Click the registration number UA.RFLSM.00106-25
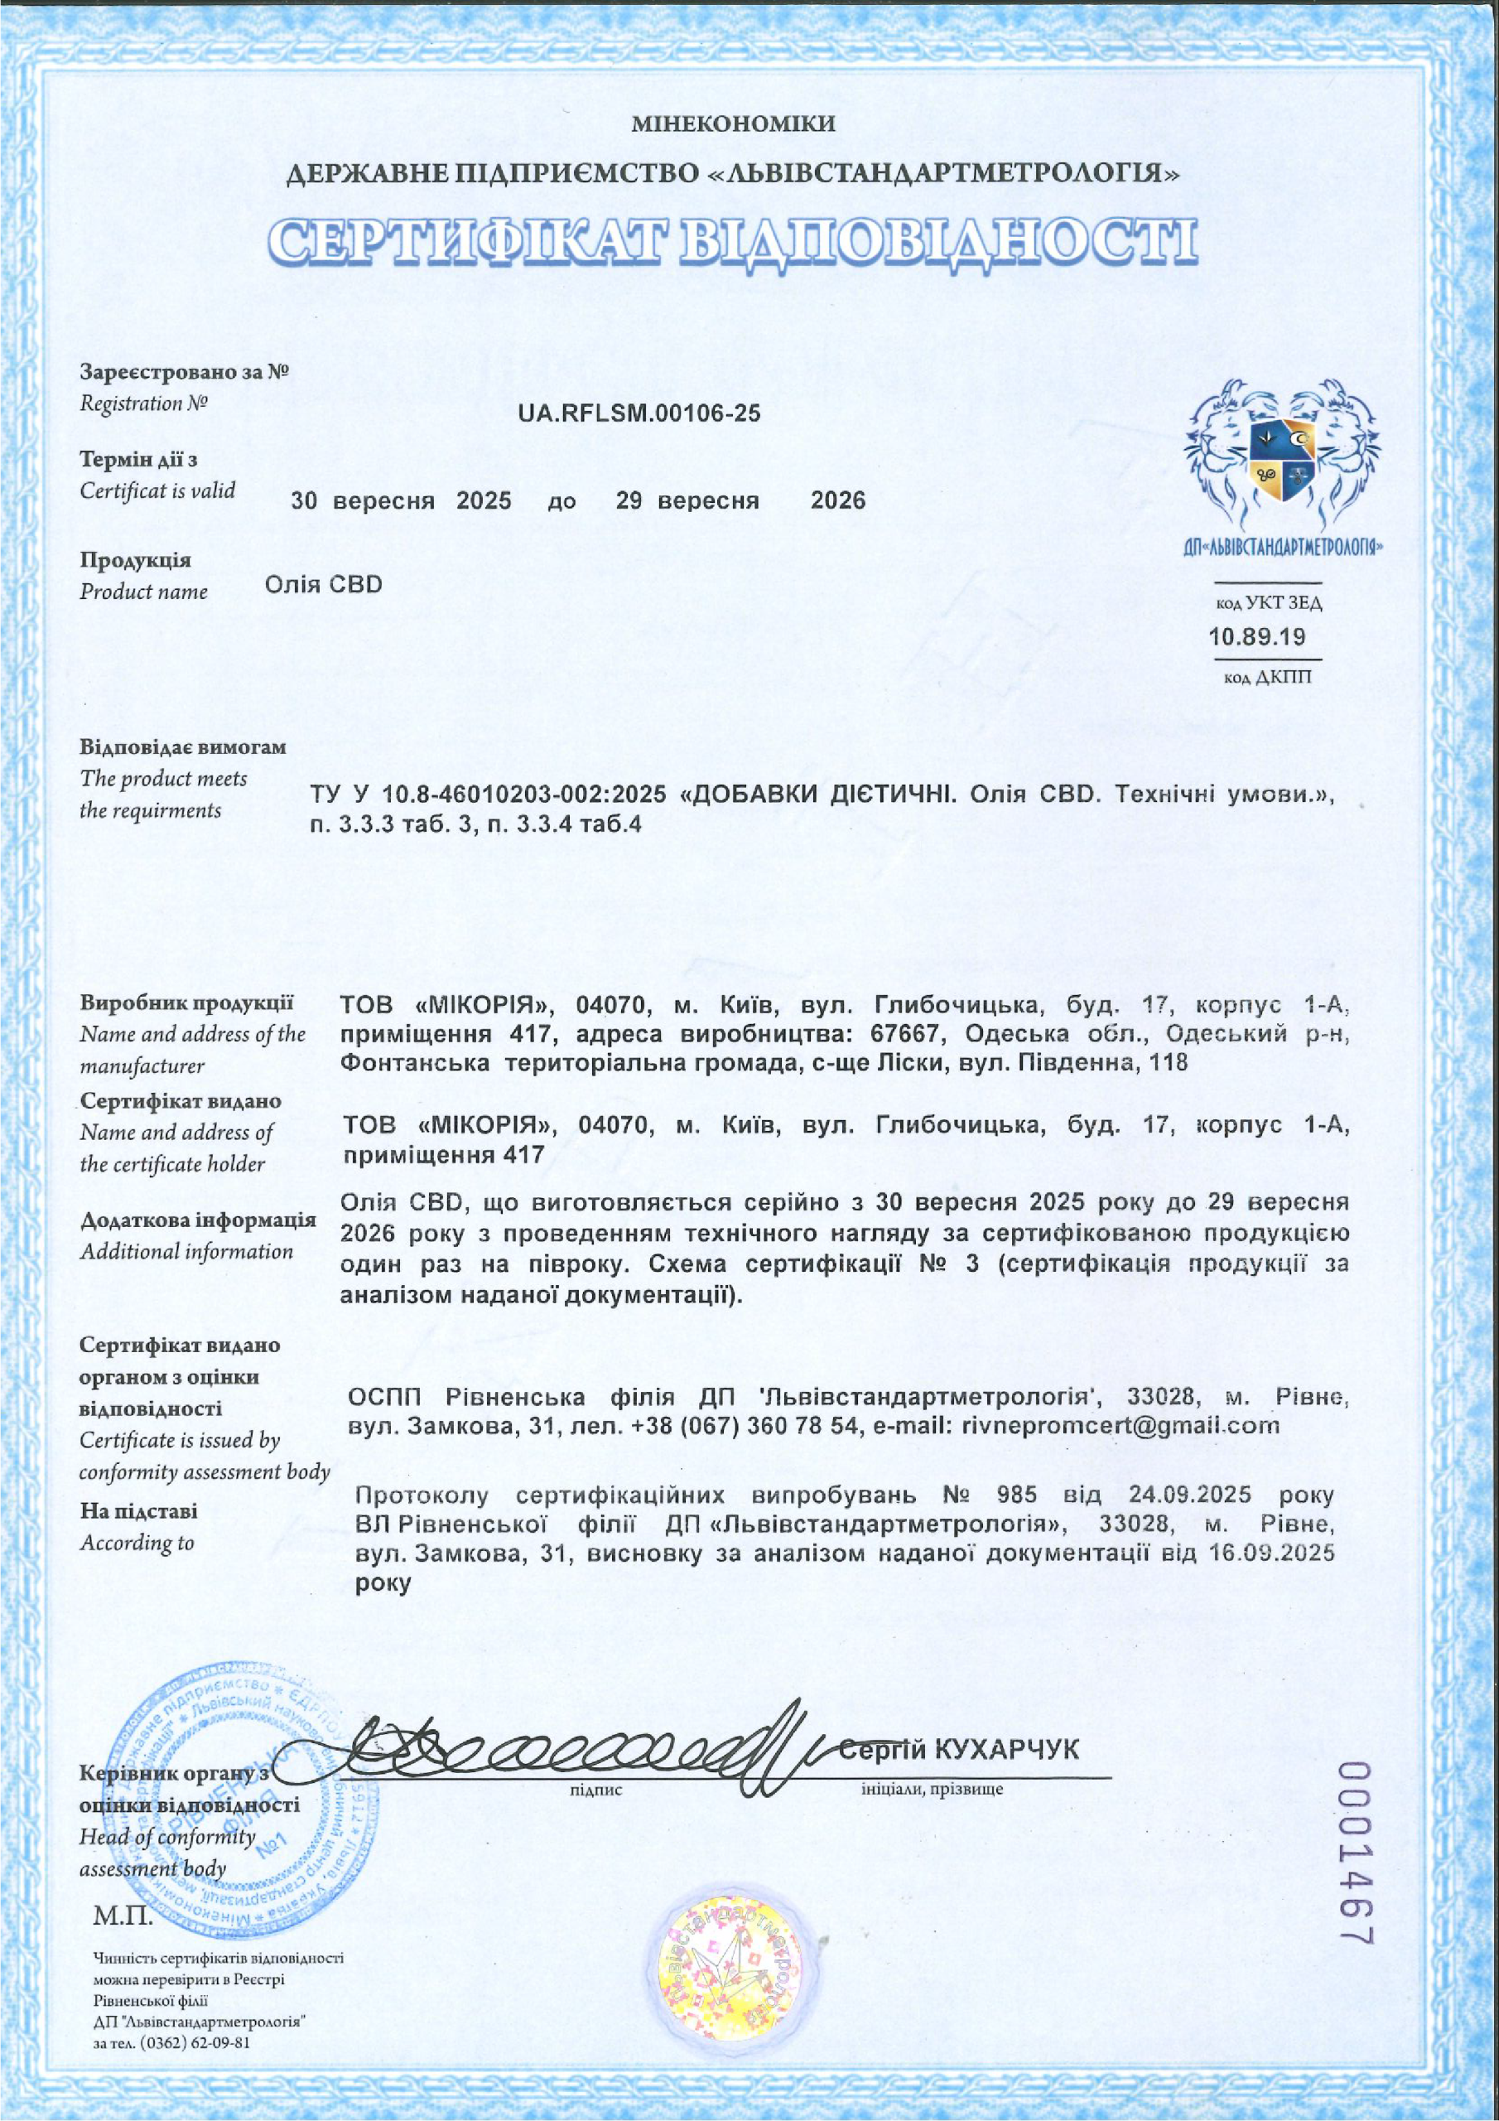click(639, 413)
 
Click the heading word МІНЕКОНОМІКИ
click(735, 123)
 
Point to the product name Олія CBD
click(323, 585)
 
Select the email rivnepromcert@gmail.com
click(1121, 1425)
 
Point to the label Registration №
click(144, 403)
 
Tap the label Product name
click(144, 592)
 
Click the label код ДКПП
click(1266, 678)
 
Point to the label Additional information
click(186, 1252)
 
